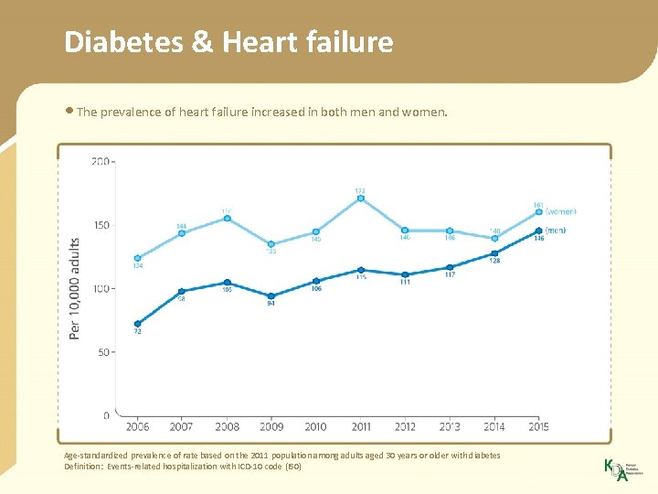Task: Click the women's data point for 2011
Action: click(361, 199)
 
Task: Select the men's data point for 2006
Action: click(137, 324)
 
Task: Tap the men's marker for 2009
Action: click(271, 295)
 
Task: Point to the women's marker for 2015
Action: click(539, 212)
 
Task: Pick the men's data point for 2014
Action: click(494, 253)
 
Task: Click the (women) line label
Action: click(561, 212)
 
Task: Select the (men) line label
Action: click(556, 231)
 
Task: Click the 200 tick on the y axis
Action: click(100, 162)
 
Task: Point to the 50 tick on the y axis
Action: click(102, 352)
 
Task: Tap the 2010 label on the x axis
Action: click(315, 427)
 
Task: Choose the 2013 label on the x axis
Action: click(450, 427)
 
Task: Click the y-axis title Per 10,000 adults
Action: click(75, 288)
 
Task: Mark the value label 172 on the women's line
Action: click(361, 190)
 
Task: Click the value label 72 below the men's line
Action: click(137, 333)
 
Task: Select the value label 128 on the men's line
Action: click(494, 262)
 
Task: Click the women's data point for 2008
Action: click(226, 219)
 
